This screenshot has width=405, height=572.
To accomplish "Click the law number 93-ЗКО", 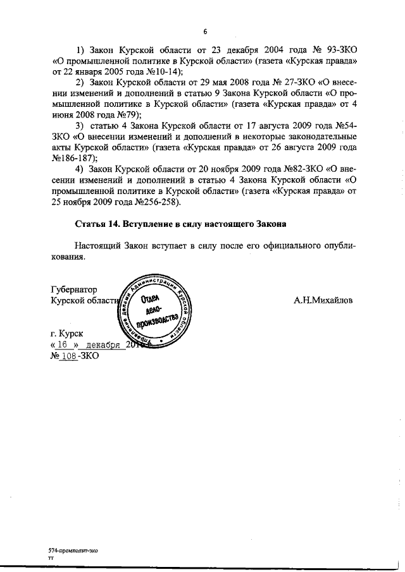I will (339, 49).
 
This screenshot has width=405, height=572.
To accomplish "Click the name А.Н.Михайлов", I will (323, 301).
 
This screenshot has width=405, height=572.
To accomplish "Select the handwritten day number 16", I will (62, 344).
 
